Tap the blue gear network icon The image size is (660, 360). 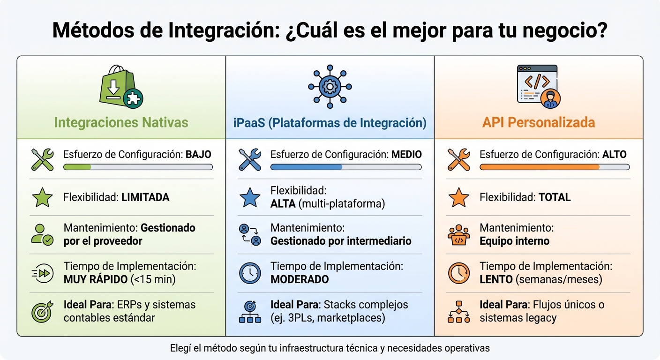pos(330,87)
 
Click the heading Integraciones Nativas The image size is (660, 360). pos(121,123)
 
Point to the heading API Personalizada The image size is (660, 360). pos(538,123)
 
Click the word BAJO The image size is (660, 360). pos(198,154)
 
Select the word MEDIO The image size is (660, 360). pos(406,154)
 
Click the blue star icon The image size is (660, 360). pos(250,197)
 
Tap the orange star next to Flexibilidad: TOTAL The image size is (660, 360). pos(458,197)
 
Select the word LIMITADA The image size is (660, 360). pos(145,197)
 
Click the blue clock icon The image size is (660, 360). pos(250,273)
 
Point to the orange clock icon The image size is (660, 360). pos(458,273)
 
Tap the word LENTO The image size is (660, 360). pos(495,279)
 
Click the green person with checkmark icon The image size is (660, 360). pos(42,234)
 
